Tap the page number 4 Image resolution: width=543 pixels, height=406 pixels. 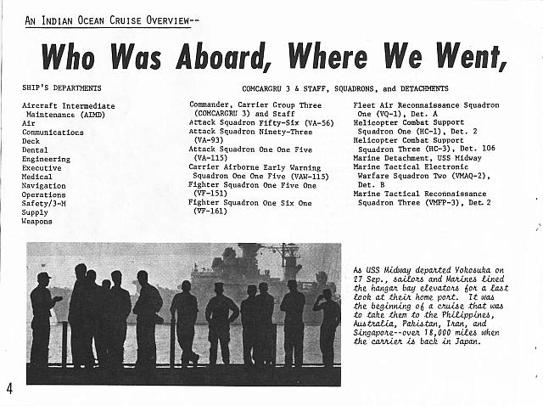9,389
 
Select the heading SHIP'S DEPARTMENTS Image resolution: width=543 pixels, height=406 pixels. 62,87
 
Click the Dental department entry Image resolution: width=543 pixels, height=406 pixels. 36,150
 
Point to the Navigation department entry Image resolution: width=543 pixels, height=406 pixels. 43,186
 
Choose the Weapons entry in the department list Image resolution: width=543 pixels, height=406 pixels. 37,222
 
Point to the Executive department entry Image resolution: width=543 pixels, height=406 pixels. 42,168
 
